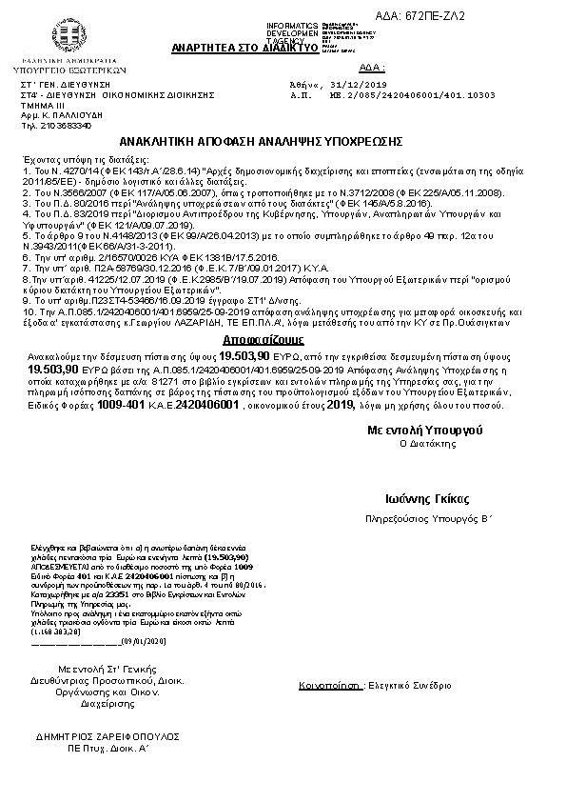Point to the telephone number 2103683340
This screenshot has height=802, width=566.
pyautogui.click(x=65, y=125)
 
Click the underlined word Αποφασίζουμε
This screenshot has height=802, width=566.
pyautogui.click(x=251, y=337)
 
